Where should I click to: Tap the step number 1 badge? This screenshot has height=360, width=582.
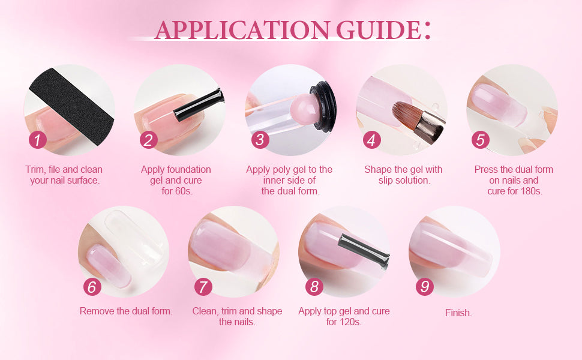coord(37,140)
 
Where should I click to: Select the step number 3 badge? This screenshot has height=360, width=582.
coord(260,140)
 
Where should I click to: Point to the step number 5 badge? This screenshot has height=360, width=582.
coord(480,140)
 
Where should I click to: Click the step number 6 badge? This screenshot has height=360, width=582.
coord(92,287)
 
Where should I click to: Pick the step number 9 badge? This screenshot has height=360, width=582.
coord(425,287)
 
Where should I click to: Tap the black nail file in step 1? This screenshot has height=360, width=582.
coord(71,106)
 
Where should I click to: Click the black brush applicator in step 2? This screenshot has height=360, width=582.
coord(199,105)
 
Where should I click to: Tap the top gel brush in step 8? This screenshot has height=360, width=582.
coord(364,250)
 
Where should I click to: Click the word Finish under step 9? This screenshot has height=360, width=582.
coord(458,313)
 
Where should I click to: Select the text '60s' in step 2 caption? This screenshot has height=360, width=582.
coord(184,191)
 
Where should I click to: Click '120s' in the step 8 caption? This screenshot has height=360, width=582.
coord(349,322)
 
